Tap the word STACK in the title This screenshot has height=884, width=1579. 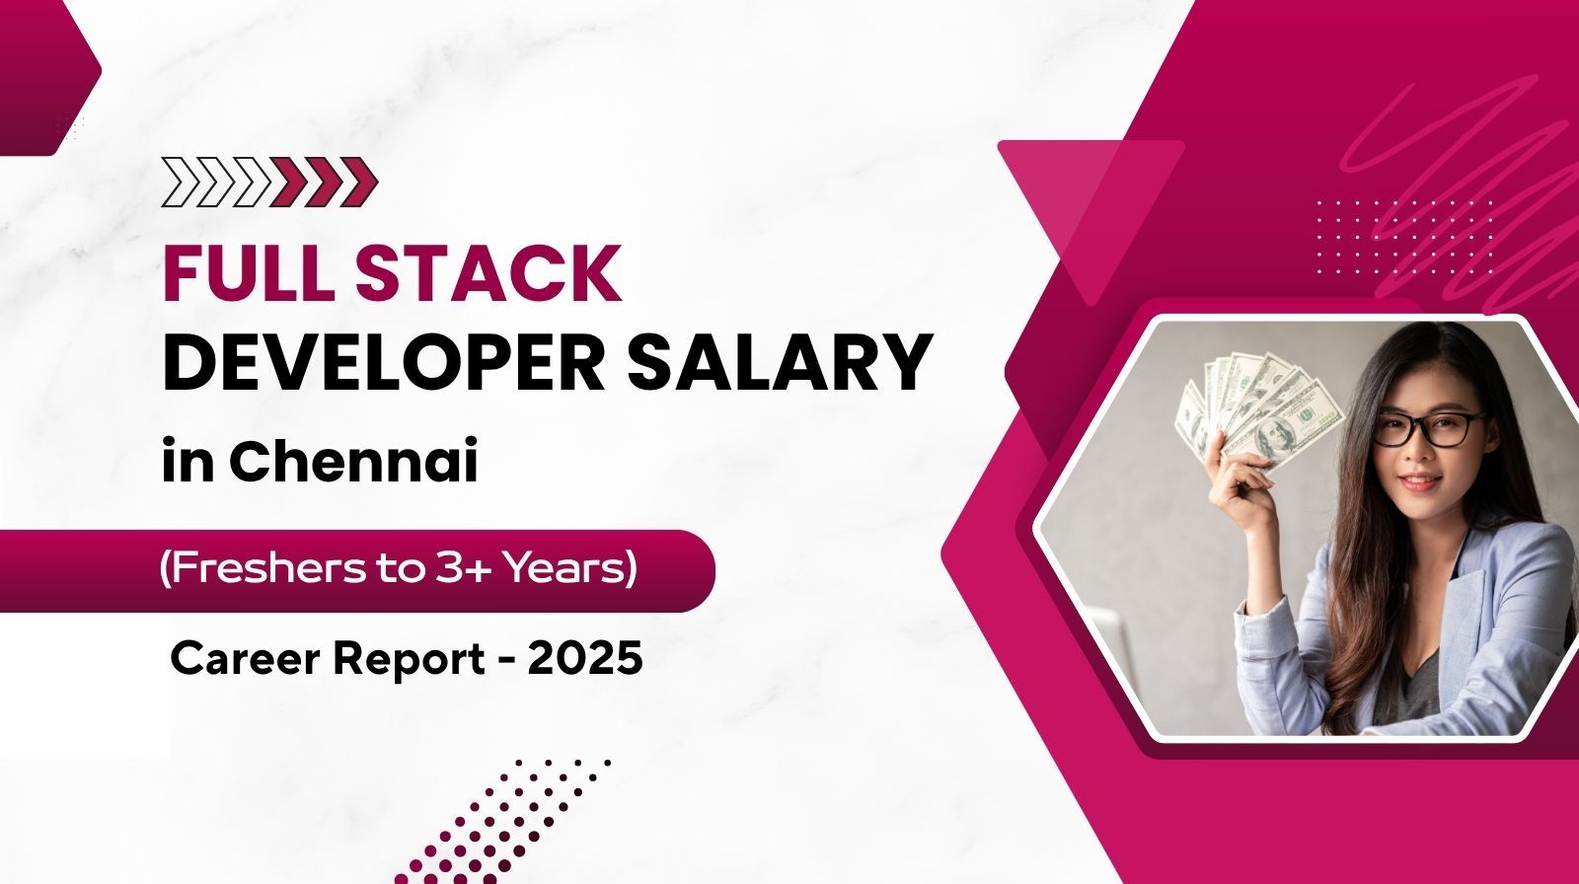click(489, 273)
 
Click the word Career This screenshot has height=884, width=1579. click(244, 659)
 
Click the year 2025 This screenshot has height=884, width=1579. click(585, 659)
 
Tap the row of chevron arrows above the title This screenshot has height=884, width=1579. click(269, 183)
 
